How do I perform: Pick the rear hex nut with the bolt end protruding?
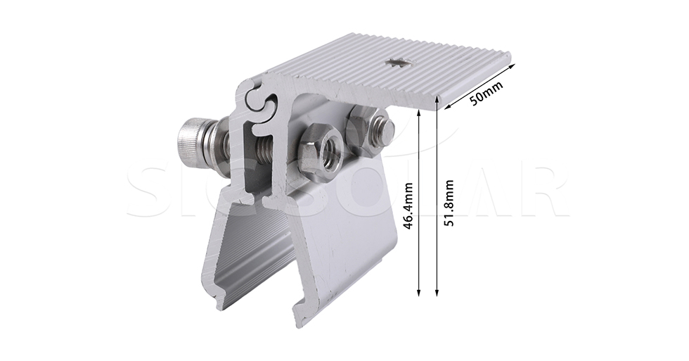pyautogui.click(x=364, y=131)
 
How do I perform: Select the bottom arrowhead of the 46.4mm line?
pyautogui.click(x=420, y=291)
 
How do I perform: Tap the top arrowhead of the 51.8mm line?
pyautogui.click(x=437, y=101)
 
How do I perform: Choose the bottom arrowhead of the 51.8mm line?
pyautogui.click(x=437, y=291)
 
